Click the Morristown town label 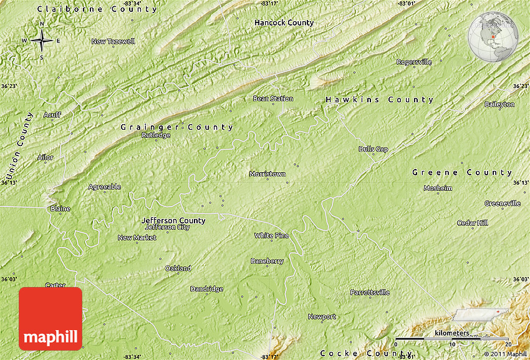pos(267,173)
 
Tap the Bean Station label pos(272,99)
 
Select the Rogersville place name pos(414,62)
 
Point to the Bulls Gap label pos(373,149)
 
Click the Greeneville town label pos(502,203)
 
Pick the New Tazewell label pos(113,42)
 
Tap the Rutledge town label pos(156,135)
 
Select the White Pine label pos(271,235)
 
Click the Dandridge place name pos(206,289)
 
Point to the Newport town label pos(322,317)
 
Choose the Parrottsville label pos(370,292)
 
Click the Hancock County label pos(284,22)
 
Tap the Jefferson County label pos(173,220)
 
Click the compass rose pos(42,41)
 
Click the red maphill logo pos(51,318)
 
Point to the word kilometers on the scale pos(452,333)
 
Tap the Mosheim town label pos(438,188)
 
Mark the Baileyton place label pos(499,104)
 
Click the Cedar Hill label pos(472,223)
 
